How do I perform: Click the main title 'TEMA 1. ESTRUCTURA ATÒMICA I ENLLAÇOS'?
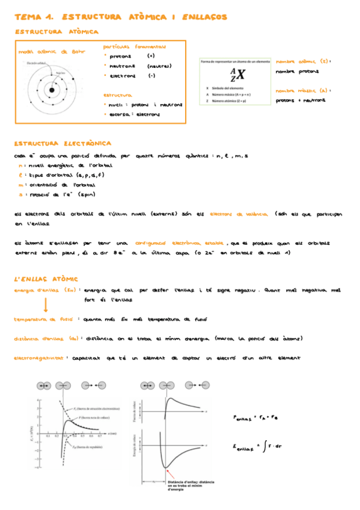(x=120, y=17)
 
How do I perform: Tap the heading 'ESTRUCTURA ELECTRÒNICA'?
(x=63, y=144)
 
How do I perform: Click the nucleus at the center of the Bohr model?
(x=52, y=91)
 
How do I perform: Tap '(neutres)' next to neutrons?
(x=159, y=66)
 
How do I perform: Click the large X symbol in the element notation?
(x=240, y=75)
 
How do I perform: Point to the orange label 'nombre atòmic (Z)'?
(x=303, y=61)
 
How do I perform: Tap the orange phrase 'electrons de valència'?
(x=239, y=214)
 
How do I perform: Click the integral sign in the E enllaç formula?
(x=261, y=447)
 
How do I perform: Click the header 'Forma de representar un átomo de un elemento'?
(x=235, y=61)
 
